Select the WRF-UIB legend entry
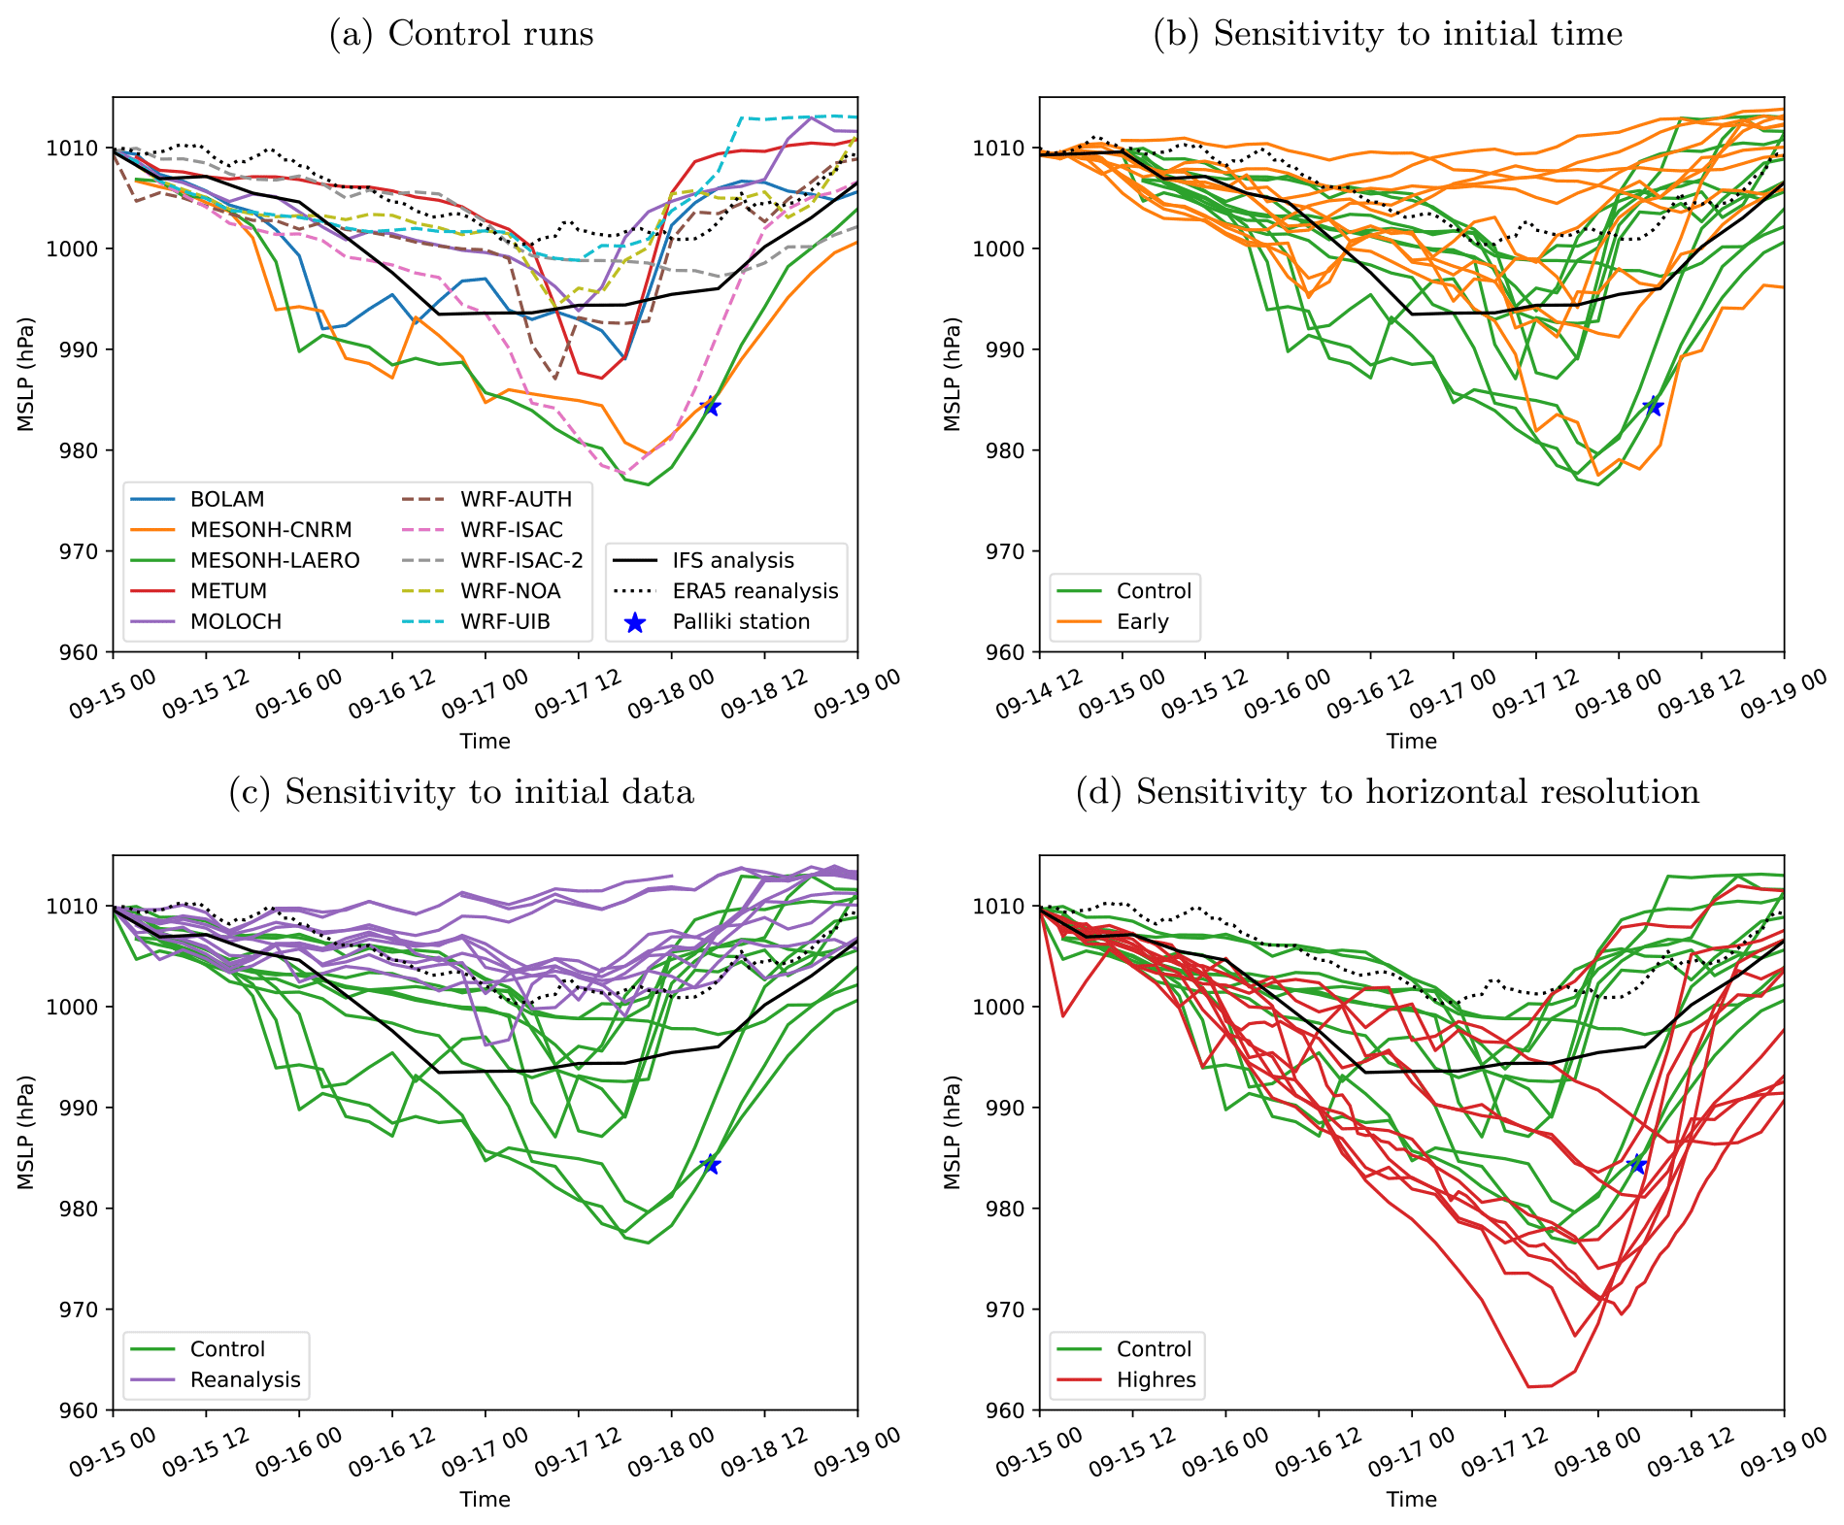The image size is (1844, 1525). pyautogui.click(x=505, y=621)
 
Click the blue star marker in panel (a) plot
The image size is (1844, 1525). pyautogui.click(x=712, y=406)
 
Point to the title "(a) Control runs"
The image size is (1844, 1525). pyautogui.click(x=461, y=34)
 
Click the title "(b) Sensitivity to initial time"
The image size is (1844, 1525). pyautogui.click(x=1388, y=34)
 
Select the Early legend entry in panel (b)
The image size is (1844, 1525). pyautogui.click(x=1142, y=621)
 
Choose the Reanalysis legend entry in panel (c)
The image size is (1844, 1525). pyautogui.click(x=245, y=1379)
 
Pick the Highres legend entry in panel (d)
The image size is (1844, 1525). pyautogui.click(x=1156, y=1379)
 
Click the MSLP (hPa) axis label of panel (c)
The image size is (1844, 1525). pyautogui.click(x=25, y=1132)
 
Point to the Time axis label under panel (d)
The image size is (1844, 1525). pyautogui.click(x=1411, y=1499)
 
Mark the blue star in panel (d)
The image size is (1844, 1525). pyautogui.click(x=1638, y=1164)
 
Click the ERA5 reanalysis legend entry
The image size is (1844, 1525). pyautogui.click(x=754, y=591)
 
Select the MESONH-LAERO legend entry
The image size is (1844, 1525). pyautogui.click(x=275, y=560)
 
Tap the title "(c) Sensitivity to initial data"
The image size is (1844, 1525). pyautogui.click(x=461, y=792)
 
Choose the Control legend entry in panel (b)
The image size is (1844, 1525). pyautogui.click(x=1154, y=591)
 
